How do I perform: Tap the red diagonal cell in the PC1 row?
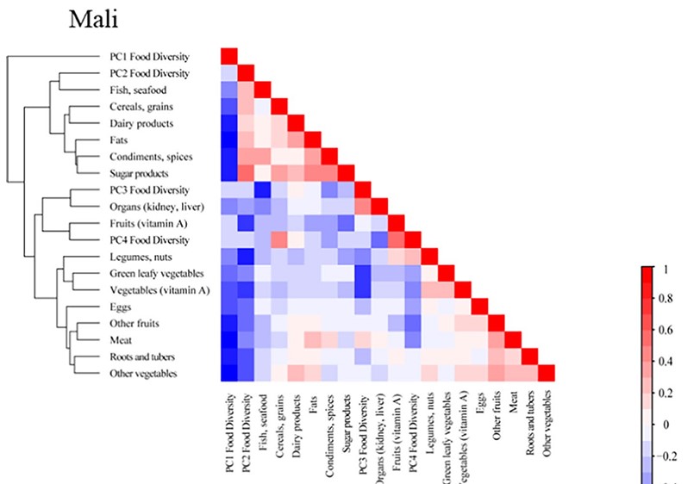pos(229,56)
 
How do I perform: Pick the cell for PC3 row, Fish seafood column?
pos(263,189)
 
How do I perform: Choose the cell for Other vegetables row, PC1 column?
pos(229,371)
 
